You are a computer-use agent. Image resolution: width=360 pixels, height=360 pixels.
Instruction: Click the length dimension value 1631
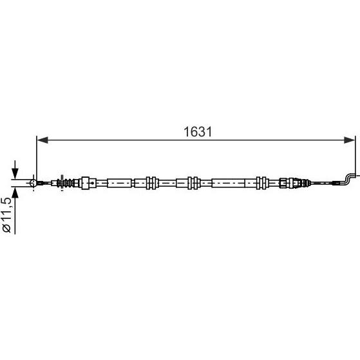pos(198,132)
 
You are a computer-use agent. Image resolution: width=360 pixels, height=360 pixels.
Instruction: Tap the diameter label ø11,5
pos(6,214)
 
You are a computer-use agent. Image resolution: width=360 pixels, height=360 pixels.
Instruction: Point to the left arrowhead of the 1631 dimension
pos(43,140)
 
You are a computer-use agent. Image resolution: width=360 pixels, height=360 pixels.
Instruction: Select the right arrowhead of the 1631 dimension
pos(350,140)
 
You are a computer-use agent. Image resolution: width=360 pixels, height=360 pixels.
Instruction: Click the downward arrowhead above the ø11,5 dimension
pos(15,173)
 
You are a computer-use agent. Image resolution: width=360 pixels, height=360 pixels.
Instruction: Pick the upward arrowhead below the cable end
pos(15,193)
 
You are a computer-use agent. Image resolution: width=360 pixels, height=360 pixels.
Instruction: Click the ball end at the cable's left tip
pos(33,183)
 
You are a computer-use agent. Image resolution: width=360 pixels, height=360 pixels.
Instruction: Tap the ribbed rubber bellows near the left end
pos(68,183)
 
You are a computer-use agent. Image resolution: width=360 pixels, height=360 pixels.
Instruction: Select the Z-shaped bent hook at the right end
pos(350,178)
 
